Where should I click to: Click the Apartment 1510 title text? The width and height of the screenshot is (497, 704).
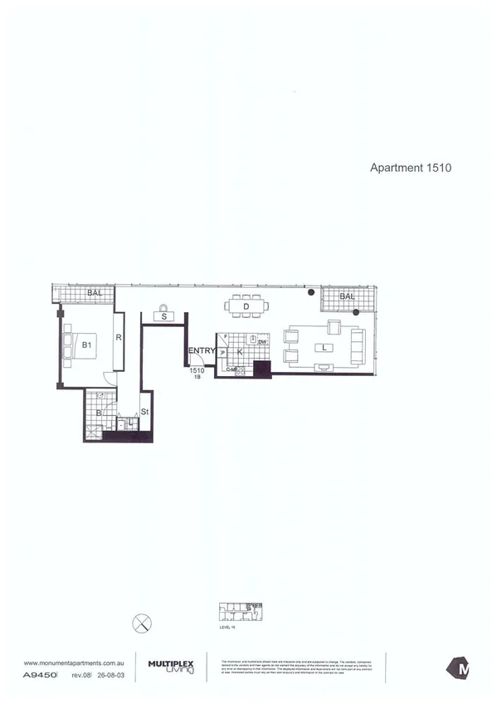409,166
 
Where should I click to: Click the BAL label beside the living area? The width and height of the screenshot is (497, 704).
347,296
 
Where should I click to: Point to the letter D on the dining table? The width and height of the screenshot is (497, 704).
246,306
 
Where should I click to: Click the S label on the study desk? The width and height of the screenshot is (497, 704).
164,316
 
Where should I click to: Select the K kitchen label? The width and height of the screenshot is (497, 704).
239,352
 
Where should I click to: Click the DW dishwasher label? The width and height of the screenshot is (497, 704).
261,342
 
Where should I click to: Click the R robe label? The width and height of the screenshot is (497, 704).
119,338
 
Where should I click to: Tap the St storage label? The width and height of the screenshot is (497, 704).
144,411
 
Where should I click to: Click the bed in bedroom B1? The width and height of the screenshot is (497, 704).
80,344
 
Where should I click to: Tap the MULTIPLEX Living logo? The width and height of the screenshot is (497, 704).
171,666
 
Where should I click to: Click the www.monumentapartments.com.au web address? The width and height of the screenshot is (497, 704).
74,662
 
